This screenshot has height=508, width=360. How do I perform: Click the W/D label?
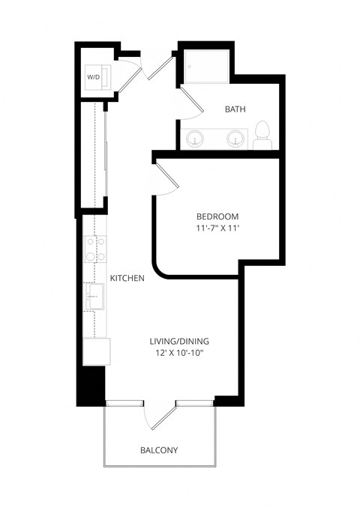pyautogui.click(x=94, y=77)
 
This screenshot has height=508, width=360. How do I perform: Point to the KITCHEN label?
pyautogui.click(x=127, y=278)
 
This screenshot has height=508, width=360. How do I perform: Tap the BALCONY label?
pyautogui.click(x=159, y=450)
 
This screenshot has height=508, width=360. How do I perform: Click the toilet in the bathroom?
pyautogui.click(x=262, y=136)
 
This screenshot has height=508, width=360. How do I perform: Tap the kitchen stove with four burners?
pyautogui.click(x=94, y=249)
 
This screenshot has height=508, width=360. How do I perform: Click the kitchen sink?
pyautogui.click(x=94, y=296)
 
